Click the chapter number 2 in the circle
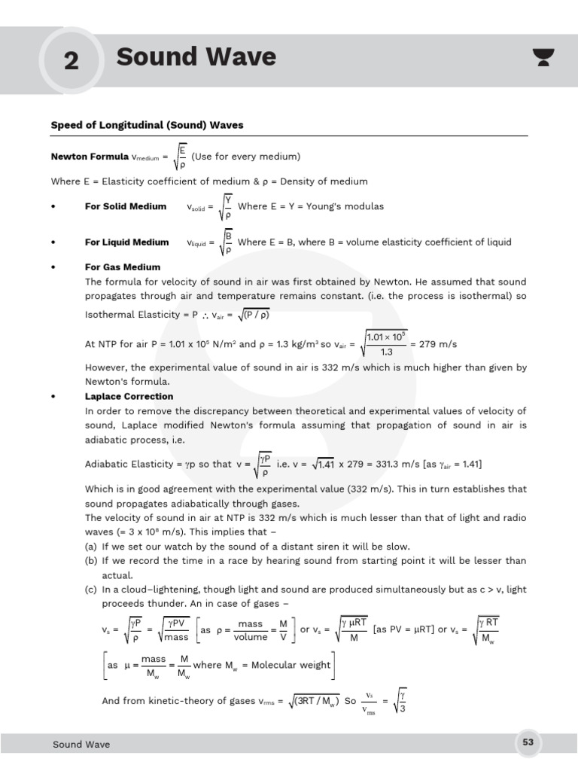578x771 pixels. pos(71,60)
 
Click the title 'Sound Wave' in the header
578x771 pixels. pos(196,57)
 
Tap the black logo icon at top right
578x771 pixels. pos(540,57)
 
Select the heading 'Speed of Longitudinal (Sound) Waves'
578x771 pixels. pos(147,125)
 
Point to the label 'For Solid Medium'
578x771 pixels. pos(125,206)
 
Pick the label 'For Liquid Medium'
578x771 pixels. pos(126,242)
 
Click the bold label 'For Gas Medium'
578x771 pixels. pos(122,267)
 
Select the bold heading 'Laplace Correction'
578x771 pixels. pos(129,396)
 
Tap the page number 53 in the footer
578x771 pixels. pos(528,743)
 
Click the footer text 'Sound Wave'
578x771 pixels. pos(81,745)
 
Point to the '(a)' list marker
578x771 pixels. pos(91,547)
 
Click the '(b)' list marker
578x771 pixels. pos(91,561)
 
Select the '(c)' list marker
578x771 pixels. pos(91,590)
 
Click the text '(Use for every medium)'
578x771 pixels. pos(246,157)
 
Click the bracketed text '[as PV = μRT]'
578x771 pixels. pos(403,629)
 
